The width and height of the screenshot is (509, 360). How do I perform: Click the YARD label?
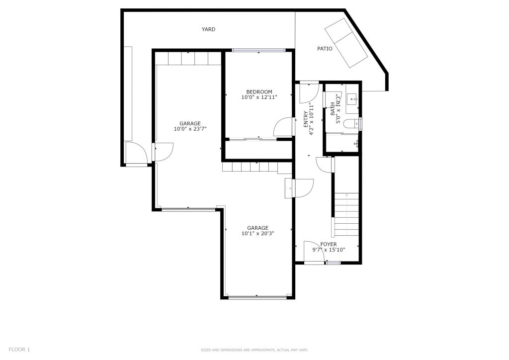208,29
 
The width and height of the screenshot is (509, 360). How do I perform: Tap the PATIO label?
325,49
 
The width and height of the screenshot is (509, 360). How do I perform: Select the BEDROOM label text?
259,92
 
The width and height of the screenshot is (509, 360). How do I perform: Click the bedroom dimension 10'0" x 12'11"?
259,97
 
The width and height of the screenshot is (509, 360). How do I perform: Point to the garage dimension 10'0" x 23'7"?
190,129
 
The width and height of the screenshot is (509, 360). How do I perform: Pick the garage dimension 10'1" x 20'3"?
258,233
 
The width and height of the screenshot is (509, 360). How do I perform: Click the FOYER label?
329,245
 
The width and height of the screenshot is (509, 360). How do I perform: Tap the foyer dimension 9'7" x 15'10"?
329,250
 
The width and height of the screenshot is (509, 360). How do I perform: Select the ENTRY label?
306,119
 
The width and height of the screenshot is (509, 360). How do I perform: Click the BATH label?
333,109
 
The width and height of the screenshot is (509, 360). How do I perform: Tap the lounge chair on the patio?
346,43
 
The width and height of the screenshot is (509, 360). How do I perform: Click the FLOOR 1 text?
19,350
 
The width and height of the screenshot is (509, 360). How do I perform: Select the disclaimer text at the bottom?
254,350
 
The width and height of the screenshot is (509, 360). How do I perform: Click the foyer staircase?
346,215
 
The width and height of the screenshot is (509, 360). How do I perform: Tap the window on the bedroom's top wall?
258,50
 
